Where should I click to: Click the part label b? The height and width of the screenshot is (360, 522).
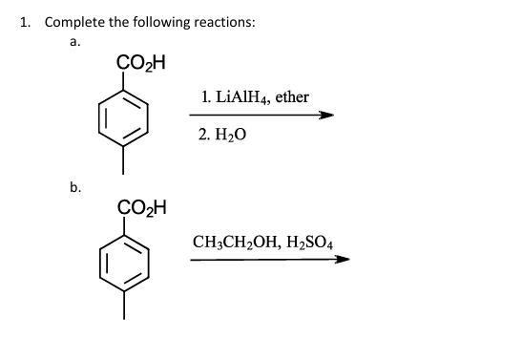point(75,187)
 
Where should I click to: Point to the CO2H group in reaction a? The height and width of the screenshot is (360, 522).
point(140,64)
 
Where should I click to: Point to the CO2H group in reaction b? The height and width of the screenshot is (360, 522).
point(140,207)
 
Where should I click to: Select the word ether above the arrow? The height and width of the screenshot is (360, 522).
point(290,96)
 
